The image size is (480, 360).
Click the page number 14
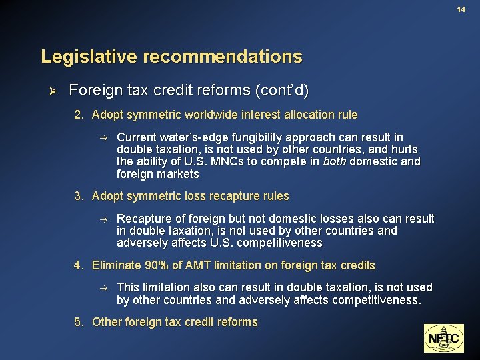[461, 9]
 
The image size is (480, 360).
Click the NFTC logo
[443, 338]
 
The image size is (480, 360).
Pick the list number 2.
[78, 115]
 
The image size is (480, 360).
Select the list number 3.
[78, 196]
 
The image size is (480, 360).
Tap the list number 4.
[78, 265]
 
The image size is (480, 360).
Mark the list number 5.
[78, 322]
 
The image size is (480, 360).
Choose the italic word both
[334, 161]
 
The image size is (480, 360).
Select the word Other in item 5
[106, 322]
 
